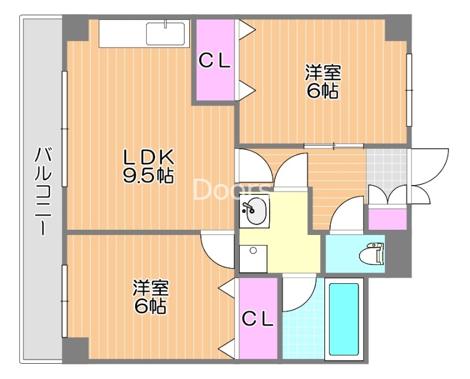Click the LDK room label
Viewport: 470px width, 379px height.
tap(149, 157)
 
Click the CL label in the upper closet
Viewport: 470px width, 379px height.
tap(214, 62)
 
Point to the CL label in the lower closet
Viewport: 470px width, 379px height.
tap(258, 319)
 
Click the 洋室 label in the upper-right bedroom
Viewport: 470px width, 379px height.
tap(323, 72)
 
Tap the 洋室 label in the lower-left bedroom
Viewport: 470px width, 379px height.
tap(151, 288)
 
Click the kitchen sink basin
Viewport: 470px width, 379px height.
tap(165, 33)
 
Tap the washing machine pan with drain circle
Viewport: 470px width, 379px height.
tap(253, 259)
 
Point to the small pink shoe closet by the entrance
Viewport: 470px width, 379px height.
tap(387, 219)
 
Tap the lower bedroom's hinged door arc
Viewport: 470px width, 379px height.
tap(217, 250)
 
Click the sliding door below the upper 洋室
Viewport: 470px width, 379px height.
tap(334, 146)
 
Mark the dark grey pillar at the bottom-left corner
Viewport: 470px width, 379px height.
tap(75, 350)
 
